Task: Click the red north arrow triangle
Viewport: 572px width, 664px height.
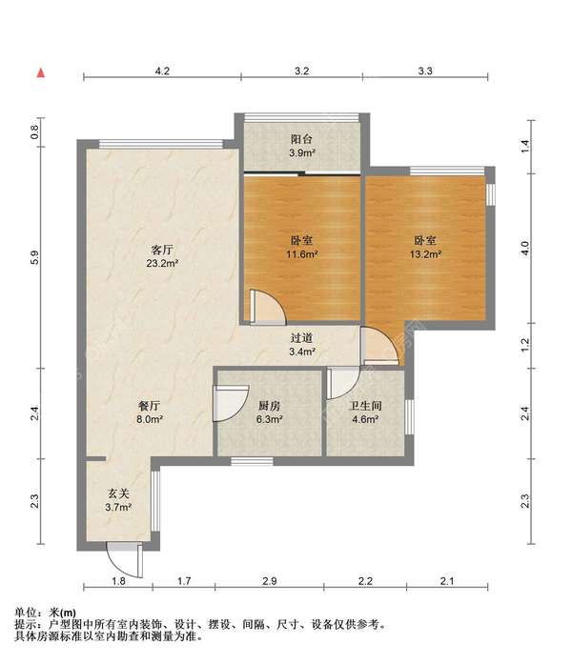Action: tap(41, 73)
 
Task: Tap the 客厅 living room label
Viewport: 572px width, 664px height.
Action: tap(162, 250)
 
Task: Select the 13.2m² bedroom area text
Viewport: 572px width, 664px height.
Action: tap(425, 254)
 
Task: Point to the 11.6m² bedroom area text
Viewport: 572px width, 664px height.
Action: tap(302, 254)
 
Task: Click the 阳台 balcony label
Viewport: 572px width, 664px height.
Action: tap(301, 139)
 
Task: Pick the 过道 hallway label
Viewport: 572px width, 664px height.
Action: tap(301, 337)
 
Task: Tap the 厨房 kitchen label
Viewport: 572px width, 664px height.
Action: tap(270, 406)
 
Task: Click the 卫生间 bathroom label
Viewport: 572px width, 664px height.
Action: tap(365, 406)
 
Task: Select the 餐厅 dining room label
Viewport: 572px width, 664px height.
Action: tap(150, 406)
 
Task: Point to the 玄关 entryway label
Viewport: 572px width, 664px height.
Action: tap(118, 493)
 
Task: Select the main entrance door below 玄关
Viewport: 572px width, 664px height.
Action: tap(125, 560)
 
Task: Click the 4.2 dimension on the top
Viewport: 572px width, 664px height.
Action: tap(162, 70)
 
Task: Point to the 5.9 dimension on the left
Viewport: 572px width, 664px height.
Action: tap(35, 257)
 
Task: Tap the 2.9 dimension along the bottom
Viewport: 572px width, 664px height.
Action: tap(270, 580)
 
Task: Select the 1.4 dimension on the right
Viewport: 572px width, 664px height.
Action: tap(525, 146)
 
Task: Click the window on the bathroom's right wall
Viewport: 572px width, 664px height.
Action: tap(409, 416)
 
